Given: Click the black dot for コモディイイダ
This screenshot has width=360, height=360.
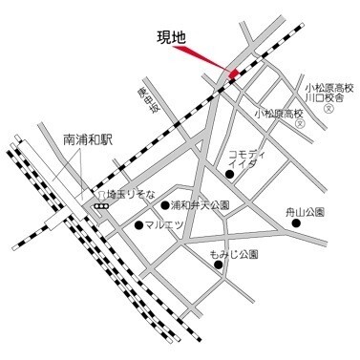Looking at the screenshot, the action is [230, 173].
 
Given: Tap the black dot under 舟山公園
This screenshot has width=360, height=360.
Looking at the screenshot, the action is [296, 223].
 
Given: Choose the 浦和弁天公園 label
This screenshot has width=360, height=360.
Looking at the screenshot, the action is [201, 205].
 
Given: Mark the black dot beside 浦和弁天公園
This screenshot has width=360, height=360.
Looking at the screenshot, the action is [165, 205].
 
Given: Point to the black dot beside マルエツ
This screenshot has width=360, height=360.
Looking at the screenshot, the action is [139, 225].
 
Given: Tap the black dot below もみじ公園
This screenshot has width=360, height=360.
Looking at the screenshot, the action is [219, 265].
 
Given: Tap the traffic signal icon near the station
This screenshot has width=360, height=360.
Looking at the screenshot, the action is [99, 205].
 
